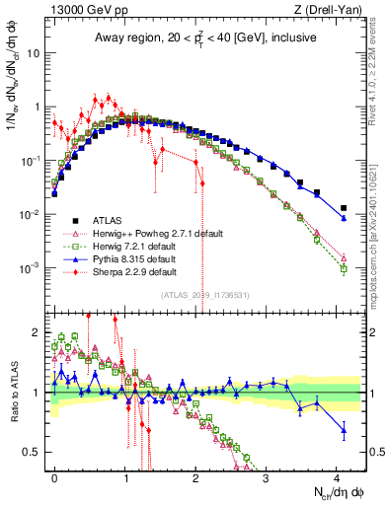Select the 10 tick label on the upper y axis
click(36, 53)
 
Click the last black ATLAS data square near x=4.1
click(344, 208)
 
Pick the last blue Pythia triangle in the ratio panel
click(344, 429)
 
